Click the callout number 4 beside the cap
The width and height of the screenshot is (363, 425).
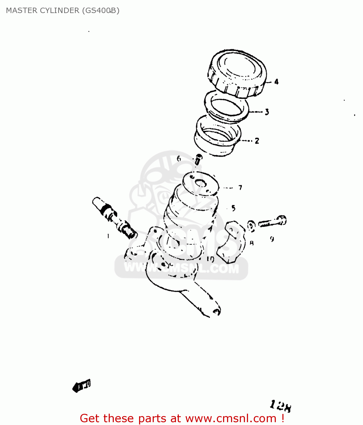[276, 82]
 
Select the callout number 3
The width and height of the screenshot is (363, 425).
[267, 112]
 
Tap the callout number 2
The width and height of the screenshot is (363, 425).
[257, 141]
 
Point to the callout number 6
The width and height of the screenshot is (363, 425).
[179, 159]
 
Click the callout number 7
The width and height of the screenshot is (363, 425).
[240, 188]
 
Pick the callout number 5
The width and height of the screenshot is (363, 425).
[233, 208]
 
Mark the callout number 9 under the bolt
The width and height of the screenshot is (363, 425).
[272, 239]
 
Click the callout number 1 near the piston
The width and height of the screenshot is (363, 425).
[108, 236]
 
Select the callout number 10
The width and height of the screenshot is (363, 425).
[210, 259]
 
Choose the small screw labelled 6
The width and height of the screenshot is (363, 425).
[198, 159]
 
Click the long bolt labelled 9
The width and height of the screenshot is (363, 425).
[272, 222]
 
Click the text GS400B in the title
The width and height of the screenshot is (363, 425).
[100, 10]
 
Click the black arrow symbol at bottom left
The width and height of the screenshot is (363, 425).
[82, 386]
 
